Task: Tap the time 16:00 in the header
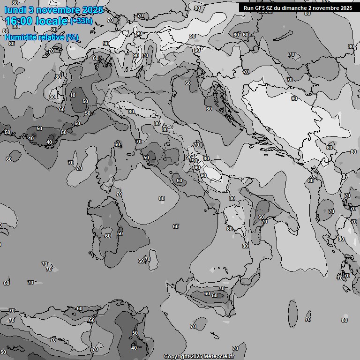[22, 21]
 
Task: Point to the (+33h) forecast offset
[81, 21]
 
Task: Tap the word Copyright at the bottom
[177, 356]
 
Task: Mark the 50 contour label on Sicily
[215, 295]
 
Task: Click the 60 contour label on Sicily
[207, 293]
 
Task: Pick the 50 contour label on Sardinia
[120, 233]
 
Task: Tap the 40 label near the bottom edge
[134, 348]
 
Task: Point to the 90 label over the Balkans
[294, 98]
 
